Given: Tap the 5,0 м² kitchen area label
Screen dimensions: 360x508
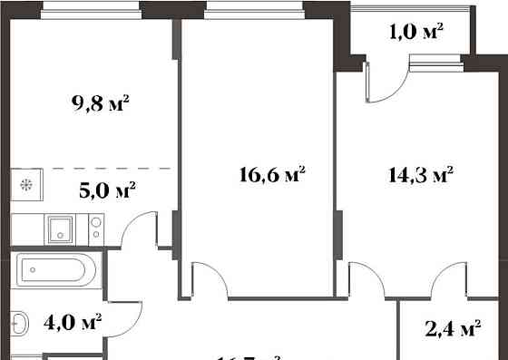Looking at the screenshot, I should pos(108,190).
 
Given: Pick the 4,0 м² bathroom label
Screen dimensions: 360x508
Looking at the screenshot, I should pos(73,321).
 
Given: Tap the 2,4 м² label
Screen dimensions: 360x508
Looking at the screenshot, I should pos(452,328).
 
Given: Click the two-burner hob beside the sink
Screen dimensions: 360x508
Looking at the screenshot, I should pos(94,227).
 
